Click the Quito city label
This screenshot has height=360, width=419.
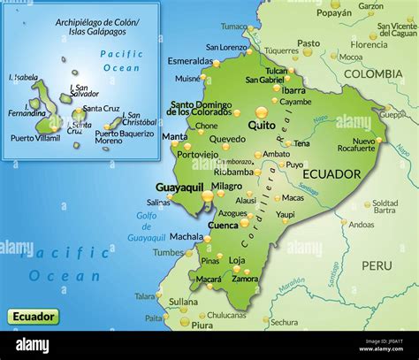coord(262,126)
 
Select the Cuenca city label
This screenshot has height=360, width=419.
coord(222,225)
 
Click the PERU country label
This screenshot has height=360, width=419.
coord(377,264)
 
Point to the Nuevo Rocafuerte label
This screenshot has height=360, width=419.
coord(363,146)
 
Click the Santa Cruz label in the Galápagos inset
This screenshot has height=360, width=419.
coord(101,109)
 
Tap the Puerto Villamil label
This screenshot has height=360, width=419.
coord(35,137)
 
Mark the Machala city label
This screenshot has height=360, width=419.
coord(187,236)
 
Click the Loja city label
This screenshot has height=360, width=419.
coord(237,260)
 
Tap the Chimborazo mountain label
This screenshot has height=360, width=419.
coord(234,162)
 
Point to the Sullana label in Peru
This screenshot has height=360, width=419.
coord(183,301)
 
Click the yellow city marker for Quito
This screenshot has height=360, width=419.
coord(261,112)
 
